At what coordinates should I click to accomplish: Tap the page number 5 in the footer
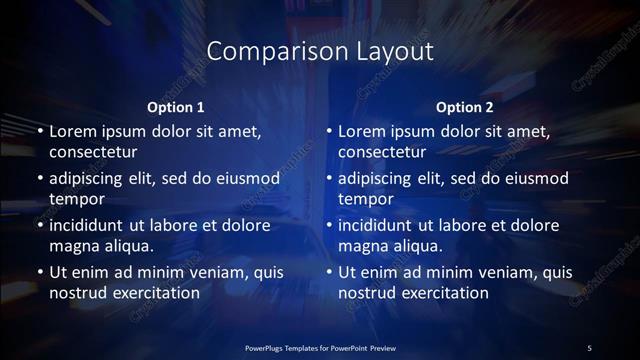590,347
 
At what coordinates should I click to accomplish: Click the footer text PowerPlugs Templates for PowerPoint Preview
319,347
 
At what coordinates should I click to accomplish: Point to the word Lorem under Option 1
72,131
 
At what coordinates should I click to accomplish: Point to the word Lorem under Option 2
361,131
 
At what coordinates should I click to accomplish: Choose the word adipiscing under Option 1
90,179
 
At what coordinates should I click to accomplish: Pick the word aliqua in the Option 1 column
125,246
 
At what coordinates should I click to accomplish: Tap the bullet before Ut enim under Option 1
39,272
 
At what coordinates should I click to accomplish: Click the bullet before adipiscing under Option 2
328,179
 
